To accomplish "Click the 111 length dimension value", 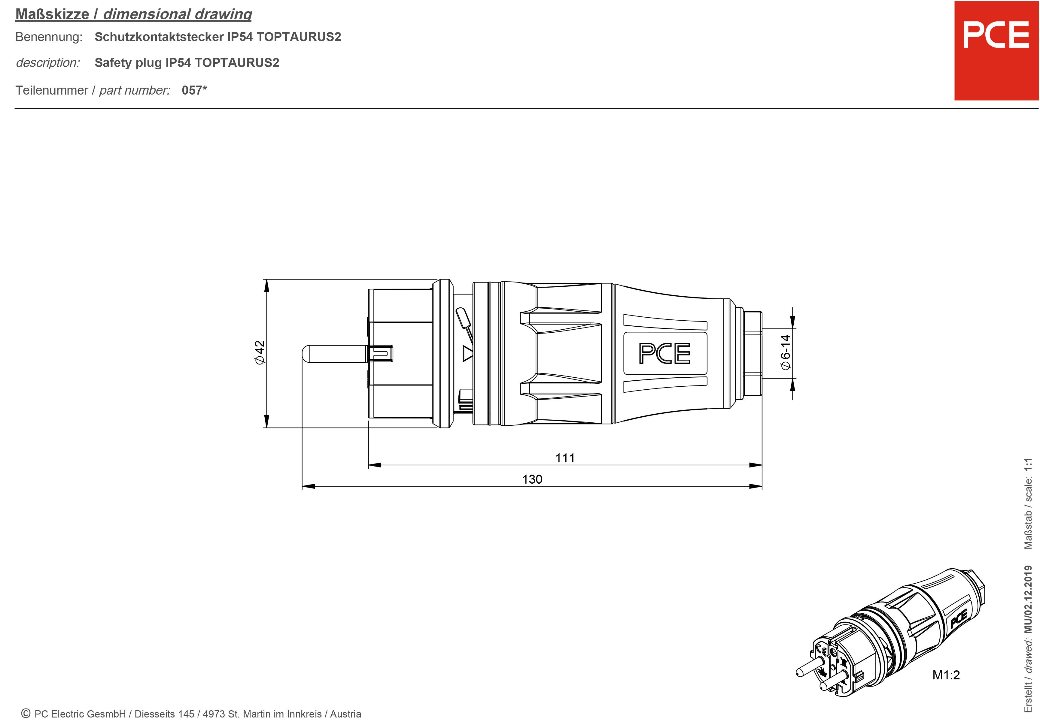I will pyautogui.click(x=565, y=458).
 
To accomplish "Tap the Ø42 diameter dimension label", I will pyautogui.click(x=260, y=352).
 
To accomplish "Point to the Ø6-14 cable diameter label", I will pyautogui.click(x=786, y=352).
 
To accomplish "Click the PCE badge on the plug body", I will pyautogui.click(x=664, y=353).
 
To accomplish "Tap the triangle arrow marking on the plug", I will pyautogui.click(x=467, y=353).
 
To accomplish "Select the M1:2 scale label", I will pyautogui.click(x=946, y=675).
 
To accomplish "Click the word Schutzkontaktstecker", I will pyautogui.click(x=159, y=37).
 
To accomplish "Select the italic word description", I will pyautogui.click(x=47, y=63).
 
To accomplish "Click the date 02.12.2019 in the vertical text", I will pyautogui.click(x=1028, y=593).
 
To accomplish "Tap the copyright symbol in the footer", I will pyautogui.click(x=26, y=714).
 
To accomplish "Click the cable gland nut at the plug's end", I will pyautogui.click(x=752, y=353).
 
